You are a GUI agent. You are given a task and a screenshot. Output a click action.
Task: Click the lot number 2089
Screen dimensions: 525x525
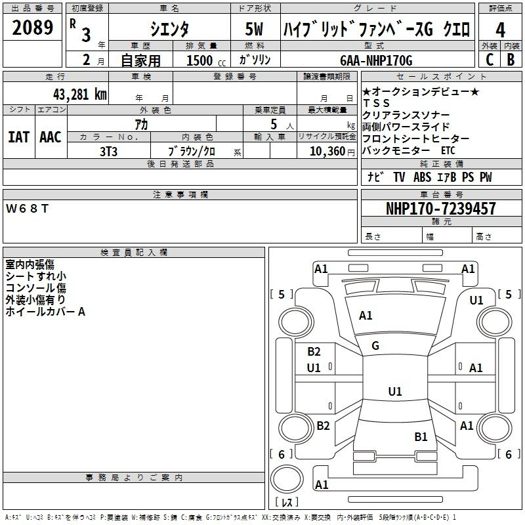tap(32, 28)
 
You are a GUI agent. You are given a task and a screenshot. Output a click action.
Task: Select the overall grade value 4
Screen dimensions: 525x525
tap(500, 30)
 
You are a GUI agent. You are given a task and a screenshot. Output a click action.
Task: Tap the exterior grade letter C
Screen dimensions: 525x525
tap(490, 60)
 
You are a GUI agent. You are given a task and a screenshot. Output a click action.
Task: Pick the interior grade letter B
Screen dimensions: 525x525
tap(511, 60)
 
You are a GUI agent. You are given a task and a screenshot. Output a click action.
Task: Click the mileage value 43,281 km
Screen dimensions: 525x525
tap(80, 94)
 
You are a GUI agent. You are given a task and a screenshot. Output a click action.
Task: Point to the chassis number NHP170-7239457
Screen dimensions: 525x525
tap(441, 208)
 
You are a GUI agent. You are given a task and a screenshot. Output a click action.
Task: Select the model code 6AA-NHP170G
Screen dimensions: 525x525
tap(376, 60)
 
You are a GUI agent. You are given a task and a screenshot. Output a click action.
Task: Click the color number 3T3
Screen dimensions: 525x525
tap(108, 152)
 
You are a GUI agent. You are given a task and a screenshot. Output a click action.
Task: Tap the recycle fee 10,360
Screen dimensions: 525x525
tap(327, 151)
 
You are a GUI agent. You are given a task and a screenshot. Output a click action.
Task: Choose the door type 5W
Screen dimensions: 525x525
tap(254, 29)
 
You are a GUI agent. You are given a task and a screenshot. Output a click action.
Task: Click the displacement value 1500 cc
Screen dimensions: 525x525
tap(206, 60)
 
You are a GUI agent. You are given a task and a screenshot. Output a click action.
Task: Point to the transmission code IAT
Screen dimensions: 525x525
tap(18, 137)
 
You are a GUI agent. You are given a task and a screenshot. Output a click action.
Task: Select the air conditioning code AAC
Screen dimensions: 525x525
tap(51, 137)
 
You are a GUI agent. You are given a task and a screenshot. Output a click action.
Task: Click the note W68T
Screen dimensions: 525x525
tap(27, 209)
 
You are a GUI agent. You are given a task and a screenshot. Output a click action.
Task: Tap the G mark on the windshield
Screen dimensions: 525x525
tap(375, 346)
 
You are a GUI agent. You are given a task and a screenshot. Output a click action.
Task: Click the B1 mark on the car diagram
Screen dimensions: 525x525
tap(421, 436)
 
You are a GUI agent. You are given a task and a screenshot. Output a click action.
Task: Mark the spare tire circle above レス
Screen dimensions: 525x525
tap(287, 479)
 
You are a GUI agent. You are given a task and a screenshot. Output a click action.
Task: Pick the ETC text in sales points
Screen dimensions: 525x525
tap(448, 151)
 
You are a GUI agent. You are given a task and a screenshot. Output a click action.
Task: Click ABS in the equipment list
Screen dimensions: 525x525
tap(422, 177)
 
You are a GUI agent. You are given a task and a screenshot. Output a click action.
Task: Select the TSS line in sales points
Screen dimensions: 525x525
tap(376, 103)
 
